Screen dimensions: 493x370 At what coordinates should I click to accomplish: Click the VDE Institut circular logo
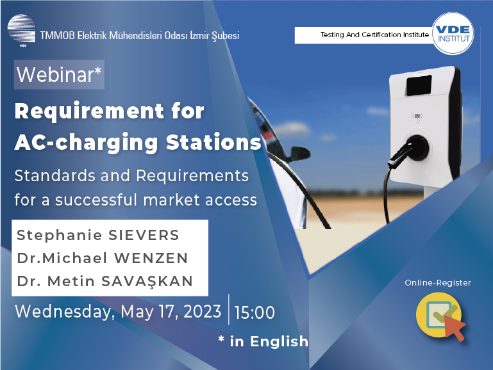coord(453,33)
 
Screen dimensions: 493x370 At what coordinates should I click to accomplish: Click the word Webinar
coord(55,75)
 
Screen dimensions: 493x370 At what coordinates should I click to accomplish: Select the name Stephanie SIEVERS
coord(98,235)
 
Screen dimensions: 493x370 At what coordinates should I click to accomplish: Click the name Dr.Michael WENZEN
coord(102,258)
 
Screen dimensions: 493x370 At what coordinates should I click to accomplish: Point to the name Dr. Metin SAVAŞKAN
coord(104,281)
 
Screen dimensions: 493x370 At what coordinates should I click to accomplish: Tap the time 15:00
coord(255,312)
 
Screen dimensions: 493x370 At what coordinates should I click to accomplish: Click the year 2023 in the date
coord(202,312)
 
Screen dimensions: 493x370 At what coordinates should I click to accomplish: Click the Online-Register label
coord(438,283)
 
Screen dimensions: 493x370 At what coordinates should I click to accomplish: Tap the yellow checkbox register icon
coord(439,314)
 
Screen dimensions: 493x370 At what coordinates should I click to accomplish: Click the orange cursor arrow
coord(455,328)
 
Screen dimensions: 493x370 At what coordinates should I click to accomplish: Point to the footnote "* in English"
coord(263,341)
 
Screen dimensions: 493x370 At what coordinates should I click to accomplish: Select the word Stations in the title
coord(213,142)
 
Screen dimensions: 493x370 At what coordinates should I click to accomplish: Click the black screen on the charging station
coord(419,84)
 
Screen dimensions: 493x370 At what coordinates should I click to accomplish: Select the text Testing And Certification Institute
coord(374,35)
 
